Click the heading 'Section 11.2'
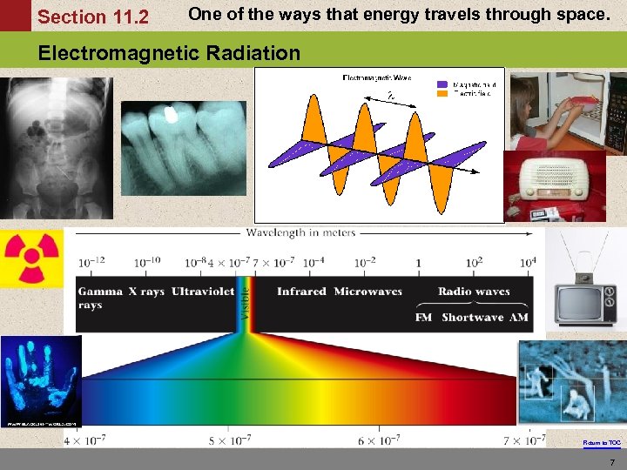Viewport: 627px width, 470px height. (93, 17)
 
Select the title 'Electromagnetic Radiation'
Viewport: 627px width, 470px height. (169, 53)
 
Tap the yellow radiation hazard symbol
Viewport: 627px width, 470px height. (31, 257)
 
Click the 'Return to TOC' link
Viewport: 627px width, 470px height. (602, 443)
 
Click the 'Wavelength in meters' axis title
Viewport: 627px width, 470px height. (301, 232)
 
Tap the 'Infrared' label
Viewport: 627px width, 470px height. (301, 291)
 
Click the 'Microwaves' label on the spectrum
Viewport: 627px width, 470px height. (367, 291)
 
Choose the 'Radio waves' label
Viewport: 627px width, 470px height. (474, 291)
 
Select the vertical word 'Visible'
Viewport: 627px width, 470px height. (245, 303)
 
